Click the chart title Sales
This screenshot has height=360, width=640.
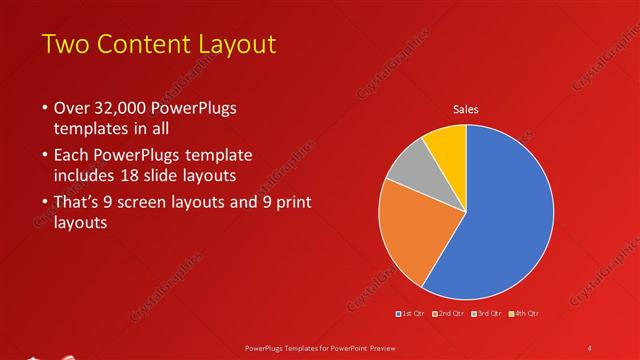[466, 108]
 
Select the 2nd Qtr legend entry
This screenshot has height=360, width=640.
[450, 314]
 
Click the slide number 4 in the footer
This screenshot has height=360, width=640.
[589, 347]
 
